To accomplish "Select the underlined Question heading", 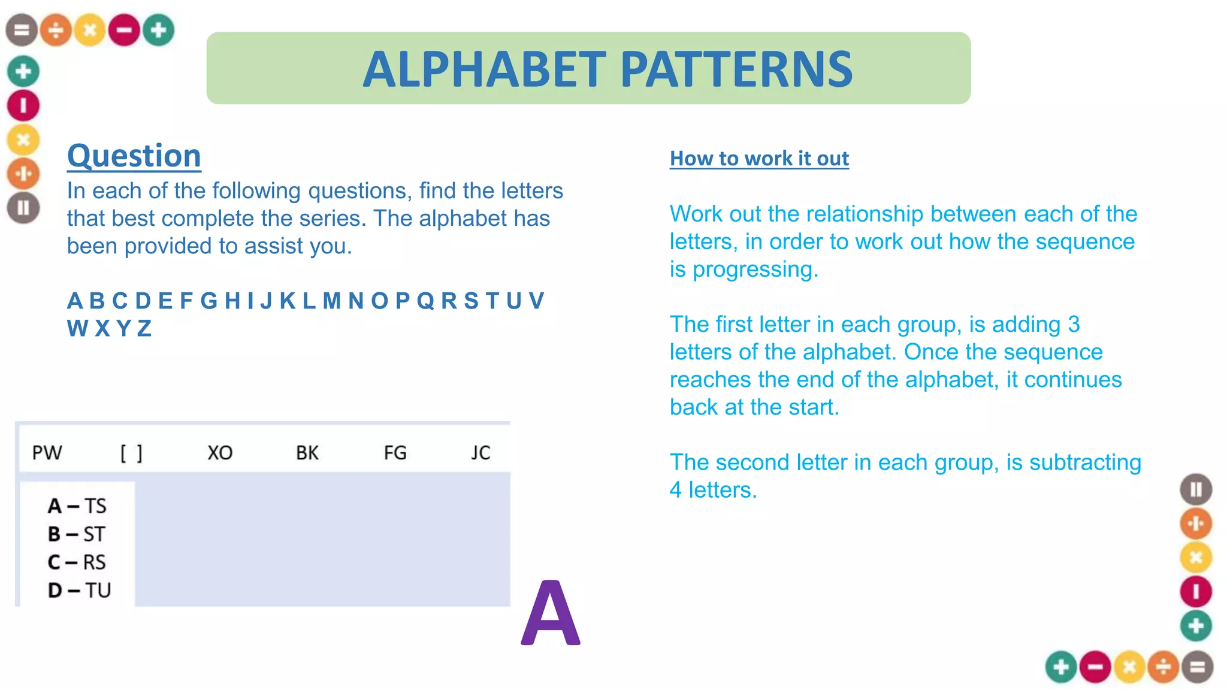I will point(134,156).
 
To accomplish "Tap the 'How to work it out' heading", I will point(759,158).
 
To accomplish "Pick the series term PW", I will point(47,453).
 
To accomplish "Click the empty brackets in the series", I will point(131,453).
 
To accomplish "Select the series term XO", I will point(220,453).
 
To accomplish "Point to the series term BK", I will point(307,453).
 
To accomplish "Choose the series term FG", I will point(395,453).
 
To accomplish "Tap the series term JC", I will point(480,453).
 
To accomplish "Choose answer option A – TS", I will point(77,506).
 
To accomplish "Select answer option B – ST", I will point(77,534).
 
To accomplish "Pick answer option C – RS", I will point(77,562).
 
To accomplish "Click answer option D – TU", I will point(79,591).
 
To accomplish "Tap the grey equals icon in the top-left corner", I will point(22,30).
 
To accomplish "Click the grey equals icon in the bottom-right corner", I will point(1197,667).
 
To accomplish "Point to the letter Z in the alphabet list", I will point(144,329).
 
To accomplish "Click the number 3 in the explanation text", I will point(1074,325).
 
